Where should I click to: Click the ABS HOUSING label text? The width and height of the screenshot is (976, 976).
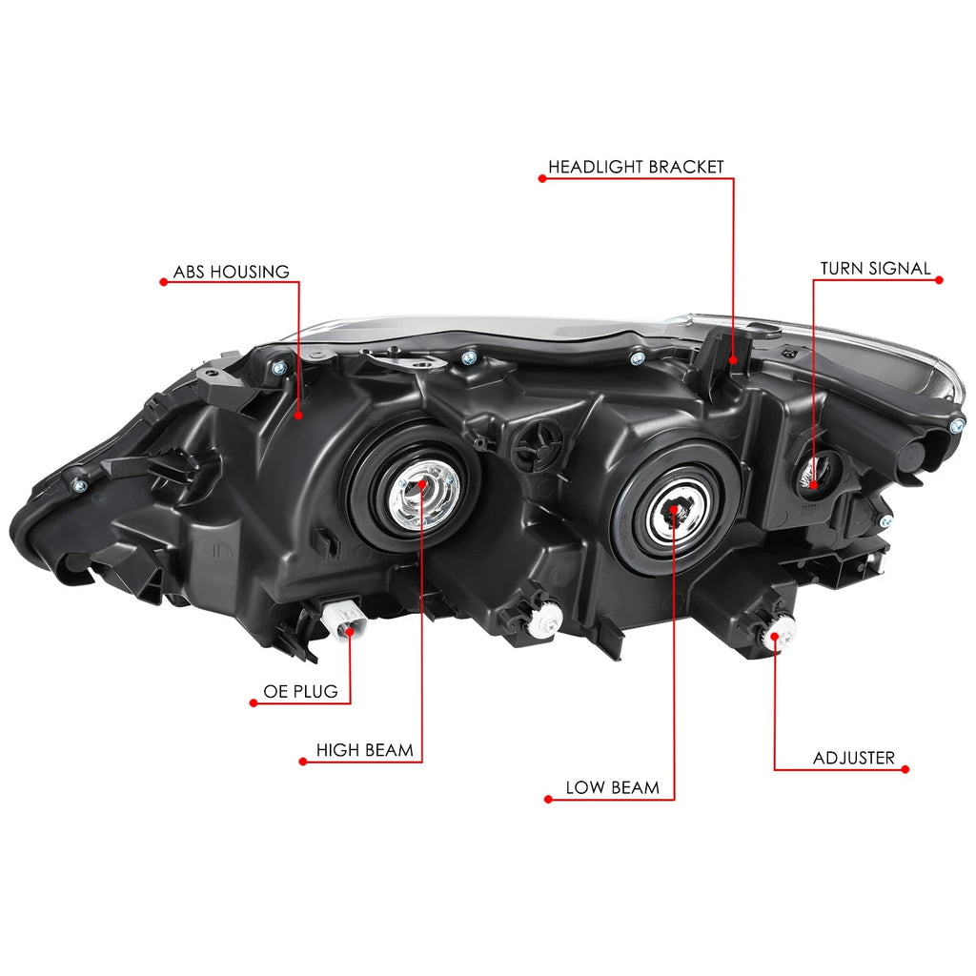click(231, 272)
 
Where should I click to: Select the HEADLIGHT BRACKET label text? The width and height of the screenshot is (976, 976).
click(636, 167)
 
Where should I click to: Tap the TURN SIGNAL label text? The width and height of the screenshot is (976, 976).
click(875, 268)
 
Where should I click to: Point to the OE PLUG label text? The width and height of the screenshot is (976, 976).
click(300, 692)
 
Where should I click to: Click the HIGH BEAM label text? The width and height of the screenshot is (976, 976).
click(364, 750)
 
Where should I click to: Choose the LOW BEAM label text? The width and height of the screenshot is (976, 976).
click(613, 788)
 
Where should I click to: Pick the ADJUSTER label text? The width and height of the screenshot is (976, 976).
click(854, 758)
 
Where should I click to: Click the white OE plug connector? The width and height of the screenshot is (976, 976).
click(343, 620)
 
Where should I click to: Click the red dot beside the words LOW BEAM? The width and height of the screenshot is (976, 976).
click(548, 800)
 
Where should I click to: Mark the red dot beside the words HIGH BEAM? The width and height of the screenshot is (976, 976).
click(303, 762)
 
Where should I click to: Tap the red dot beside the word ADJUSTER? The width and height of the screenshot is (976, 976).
click(905, 769)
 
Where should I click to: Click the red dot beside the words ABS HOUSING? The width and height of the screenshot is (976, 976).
click(164, 282)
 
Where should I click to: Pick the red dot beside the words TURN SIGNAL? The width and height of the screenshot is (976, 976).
click(939, 280)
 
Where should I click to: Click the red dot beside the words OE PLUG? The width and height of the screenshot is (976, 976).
click(254, 702)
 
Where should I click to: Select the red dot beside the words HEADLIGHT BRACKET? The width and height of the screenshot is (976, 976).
click(542, 178)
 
